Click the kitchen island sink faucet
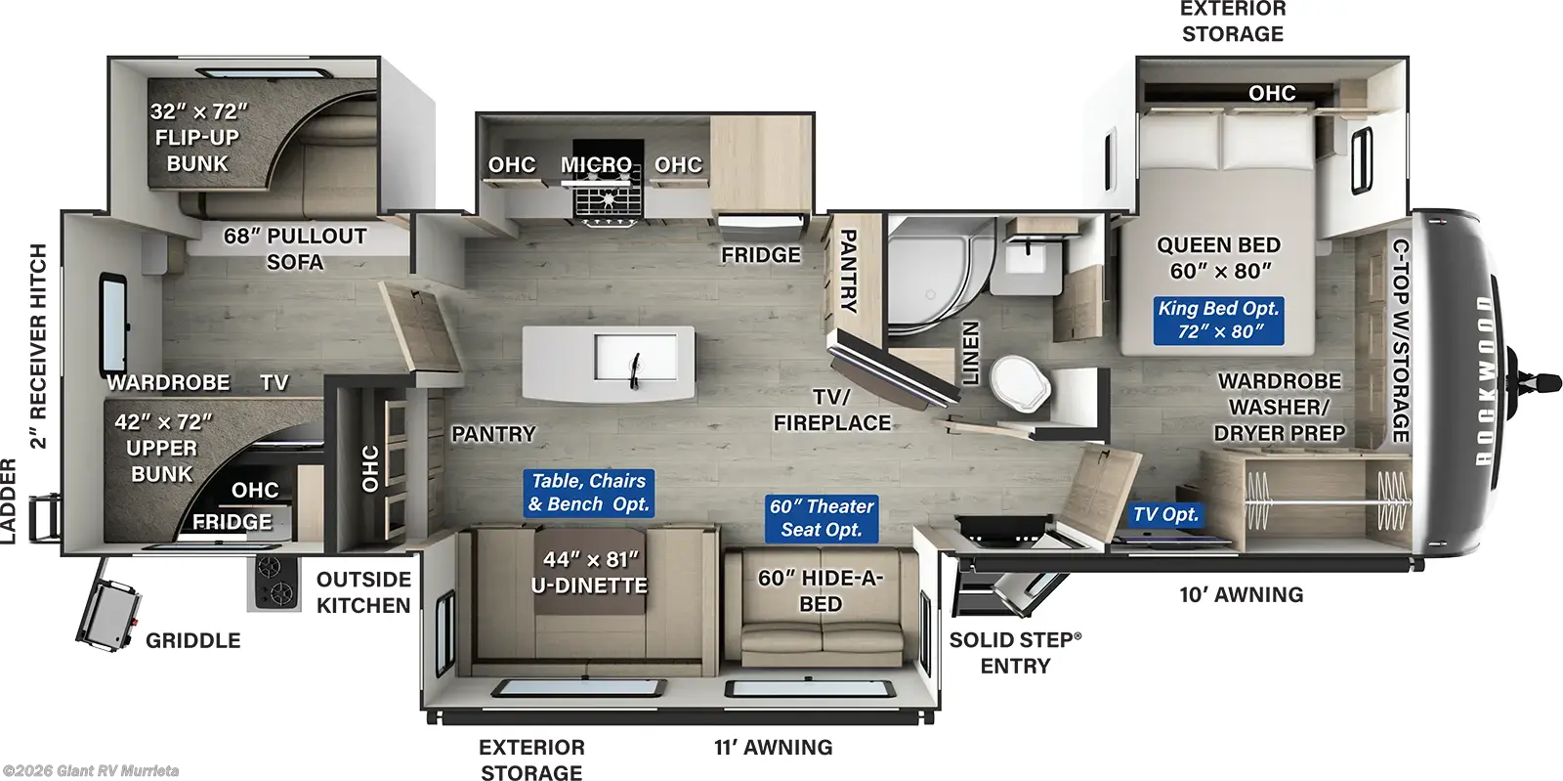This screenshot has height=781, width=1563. pos(635,369)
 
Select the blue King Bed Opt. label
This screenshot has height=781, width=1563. pos(1218,321)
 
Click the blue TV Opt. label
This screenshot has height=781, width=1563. pos(1164,514)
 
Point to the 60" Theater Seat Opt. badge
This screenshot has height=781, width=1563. pos(821,518)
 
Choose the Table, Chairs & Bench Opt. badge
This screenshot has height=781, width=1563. pos(588,493)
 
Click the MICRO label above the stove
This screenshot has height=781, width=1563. pos(596,165)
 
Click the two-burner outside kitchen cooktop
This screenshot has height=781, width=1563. pos(275,583)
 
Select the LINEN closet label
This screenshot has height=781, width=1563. pos(970,353)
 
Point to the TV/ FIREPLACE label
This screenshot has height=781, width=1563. pos(832,411)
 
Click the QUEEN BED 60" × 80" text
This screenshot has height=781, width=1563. pos(1218,258)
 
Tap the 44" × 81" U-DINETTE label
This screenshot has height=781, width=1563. pos(589,573)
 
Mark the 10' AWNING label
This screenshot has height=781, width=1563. pos(1241,594)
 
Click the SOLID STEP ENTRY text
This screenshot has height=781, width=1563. pos(1015,652)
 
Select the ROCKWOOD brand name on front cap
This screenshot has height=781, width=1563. pos(1486,380)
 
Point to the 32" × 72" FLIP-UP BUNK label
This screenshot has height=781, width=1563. pos(198,138)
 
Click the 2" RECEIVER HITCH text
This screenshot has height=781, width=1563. pos(38,346)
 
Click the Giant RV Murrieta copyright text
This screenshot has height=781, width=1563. pos(90,771)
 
